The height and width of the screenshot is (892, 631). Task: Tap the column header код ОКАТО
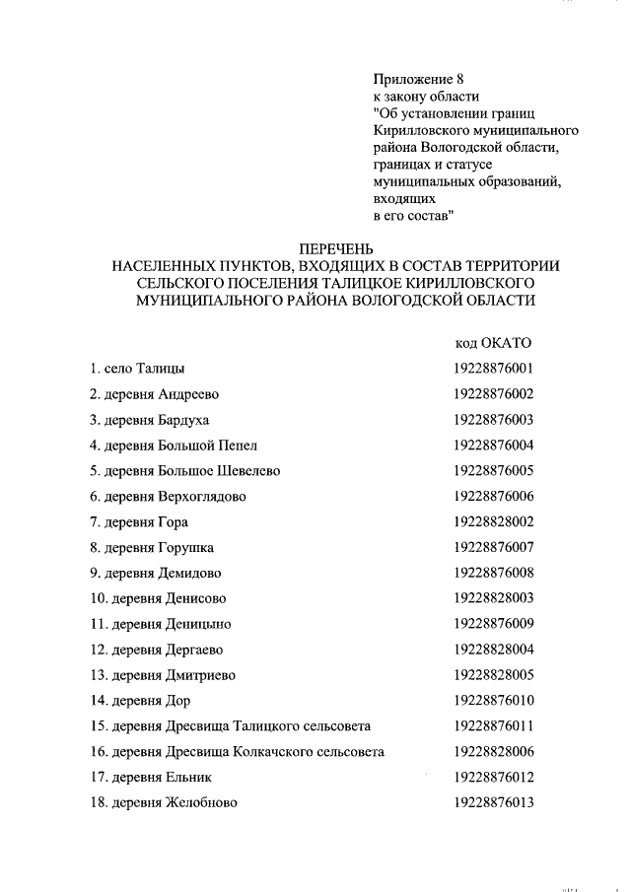(493, 342)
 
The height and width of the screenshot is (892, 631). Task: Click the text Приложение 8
(418, 78)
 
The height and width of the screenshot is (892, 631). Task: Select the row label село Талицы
(137, 369)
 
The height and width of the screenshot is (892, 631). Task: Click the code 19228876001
(494, 369)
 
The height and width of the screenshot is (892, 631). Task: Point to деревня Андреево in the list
(154, 394)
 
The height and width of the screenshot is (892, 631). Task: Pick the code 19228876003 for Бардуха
(494, 420)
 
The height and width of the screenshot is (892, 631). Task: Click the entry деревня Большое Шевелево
(185, 471)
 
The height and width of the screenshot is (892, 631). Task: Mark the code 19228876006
(494, 497)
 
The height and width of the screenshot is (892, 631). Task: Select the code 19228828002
(494, 522)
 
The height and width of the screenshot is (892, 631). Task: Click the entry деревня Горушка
(152, 548)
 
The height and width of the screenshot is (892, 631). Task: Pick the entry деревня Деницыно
(161, 624)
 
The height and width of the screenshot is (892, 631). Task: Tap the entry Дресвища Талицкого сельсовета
(230, 726)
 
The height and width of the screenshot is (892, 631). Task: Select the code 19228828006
(494, 752)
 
